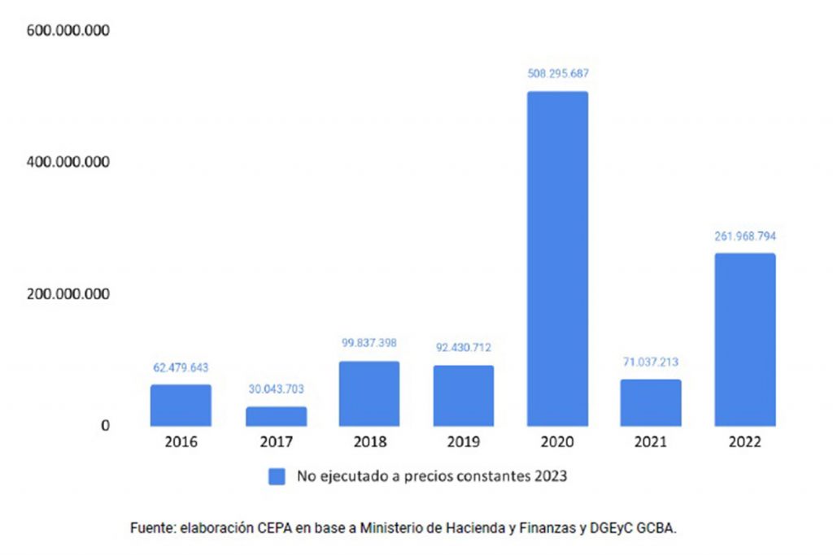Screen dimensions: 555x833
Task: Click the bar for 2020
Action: coord(557,258)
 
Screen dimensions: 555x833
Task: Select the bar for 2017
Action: coord(276,416)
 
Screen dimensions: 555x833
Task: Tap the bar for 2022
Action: coord(744,340)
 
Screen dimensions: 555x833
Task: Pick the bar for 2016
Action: coord(181,405)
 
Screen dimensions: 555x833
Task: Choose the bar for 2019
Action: coord(463,396)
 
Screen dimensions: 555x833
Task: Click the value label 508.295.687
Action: coord(557,73)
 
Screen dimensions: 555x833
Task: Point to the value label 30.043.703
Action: coord(276,389)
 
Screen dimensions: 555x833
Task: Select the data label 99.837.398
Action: coord(369,343)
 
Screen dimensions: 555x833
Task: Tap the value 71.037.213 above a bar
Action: coord(651,362)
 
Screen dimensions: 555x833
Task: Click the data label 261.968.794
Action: coord(744,236)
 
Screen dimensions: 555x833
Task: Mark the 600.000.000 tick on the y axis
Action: coord(68,31)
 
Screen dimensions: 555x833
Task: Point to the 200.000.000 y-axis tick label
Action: coord(68,293)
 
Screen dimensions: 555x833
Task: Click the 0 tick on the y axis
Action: coord(105,425)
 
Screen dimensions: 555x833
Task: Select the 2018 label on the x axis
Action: coord(369,443)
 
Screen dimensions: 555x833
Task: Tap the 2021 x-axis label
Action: coord(651,443)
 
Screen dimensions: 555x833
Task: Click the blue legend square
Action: coord(277,477)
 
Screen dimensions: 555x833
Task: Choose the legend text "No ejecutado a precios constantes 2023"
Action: coord(431,477)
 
